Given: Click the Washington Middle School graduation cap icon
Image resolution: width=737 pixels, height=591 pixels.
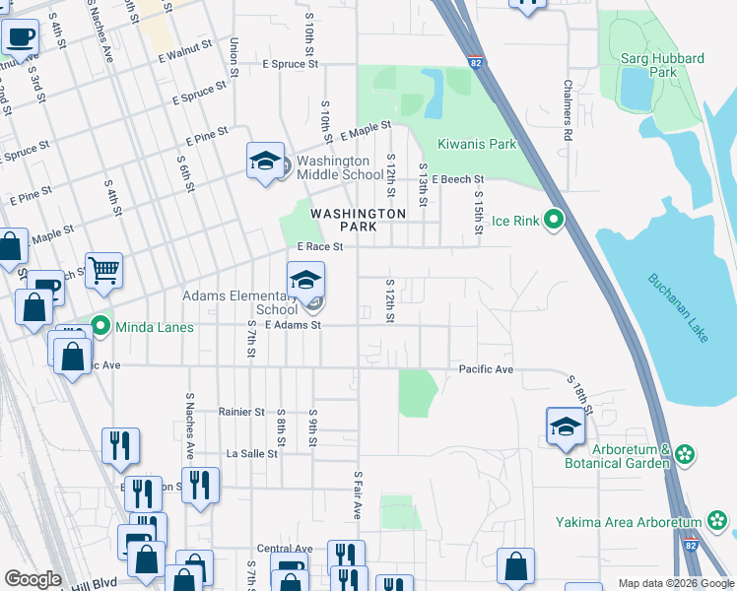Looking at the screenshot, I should tap(264, 162).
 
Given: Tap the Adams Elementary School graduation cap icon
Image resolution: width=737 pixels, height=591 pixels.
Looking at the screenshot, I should tap(305, 281).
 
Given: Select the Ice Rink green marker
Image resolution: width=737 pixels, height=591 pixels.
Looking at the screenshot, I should tap(554, 220).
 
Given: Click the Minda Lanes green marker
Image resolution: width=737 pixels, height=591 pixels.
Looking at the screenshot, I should tap(100, 324).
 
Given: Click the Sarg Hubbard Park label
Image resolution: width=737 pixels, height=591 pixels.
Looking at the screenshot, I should tap(662, 65).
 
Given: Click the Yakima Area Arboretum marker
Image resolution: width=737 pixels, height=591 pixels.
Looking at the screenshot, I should tap(717, 521).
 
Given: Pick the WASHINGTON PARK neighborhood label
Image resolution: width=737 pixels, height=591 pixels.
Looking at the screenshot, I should tap(358, 220).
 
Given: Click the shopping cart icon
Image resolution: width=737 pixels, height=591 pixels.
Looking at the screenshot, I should tap(102, 270).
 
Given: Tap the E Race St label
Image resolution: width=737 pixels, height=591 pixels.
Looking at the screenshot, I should tap(319, 247).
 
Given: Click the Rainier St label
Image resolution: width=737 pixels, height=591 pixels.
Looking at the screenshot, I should tap(242, 412).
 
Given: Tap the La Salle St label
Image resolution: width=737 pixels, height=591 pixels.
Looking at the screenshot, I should tap(252, 454).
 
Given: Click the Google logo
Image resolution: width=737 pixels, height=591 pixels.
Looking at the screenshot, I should tap(33, 579).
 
